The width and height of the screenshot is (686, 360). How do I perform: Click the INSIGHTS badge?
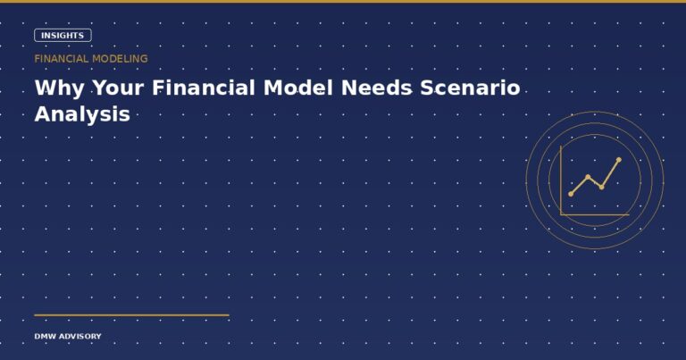tap(63, 36)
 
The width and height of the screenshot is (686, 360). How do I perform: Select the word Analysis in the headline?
tap(82, 114)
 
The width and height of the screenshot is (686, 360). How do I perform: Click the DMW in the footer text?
tap(45, 337)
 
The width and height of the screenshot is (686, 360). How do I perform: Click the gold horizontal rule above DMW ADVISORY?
tap(131, 315)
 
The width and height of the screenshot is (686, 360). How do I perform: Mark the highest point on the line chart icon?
tap(618, 160)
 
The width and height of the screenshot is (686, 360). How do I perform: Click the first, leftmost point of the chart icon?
tap(571, 194)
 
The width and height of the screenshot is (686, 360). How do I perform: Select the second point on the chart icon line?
tap(588, 177)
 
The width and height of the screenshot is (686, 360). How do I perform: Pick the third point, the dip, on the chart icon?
tap(602, 187)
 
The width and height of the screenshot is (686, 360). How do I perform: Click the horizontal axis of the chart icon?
tap(595, 213)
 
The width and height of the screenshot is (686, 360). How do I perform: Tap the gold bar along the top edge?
tap(343, 2)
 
